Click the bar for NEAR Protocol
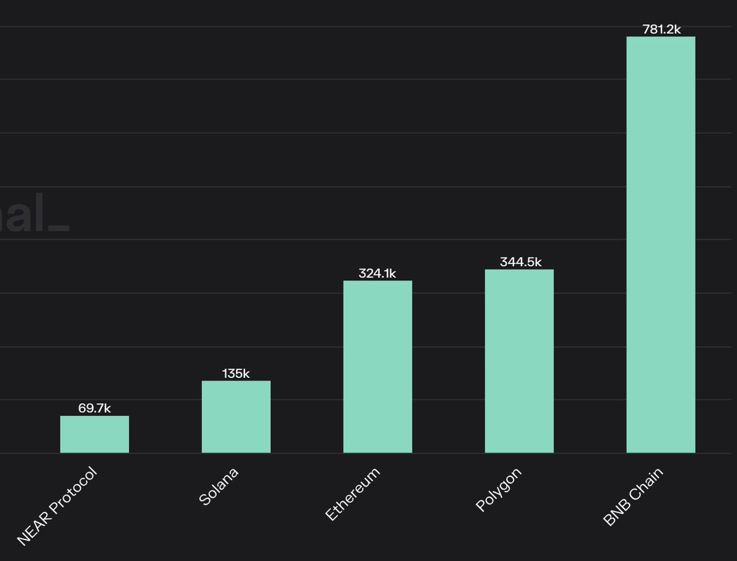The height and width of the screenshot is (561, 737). point(95,434)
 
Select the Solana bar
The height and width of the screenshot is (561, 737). point(236,417)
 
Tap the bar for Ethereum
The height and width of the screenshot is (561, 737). point(377,367)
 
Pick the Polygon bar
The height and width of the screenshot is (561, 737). point(519,361)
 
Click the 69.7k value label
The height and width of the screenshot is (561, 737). point(95,408)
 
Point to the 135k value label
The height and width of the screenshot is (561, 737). point(236,373)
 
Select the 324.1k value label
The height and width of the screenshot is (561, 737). point(377,273)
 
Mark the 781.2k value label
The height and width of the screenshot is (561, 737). point(661,29)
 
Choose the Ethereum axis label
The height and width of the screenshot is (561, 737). point(353,494)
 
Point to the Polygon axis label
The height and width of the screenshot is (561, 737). point(499,490)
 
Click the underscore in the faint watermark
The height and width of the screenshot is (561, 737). point(58,232)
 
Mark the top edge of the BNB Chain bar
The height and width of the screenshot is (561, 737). point(660,37)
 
